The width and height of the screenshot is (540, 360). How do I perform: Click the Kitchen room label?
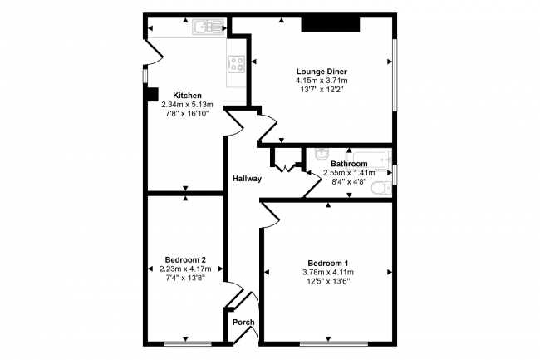click(186, 95)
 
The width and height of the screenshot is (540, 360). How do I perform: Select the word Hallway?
click(247, 179)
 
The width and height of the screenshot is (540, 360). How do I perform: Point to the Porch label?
click(243, 323)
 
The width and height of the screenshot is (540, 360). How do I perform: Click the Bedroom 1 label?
click(327, 263)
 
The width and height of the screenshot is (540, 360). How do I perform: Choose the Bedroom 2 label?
click(186, 259)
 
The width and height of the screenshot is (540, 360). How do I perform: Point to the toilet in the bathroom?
click(380, 189)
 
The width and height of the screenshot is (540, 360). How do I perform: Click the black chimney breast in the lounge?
click(330, 26)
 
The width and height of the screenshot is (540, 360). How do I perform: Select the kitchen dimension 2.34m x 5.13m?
click(186, 104)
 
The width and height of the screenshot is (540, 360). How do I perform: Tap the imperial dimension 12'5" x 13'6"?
click(327, 281)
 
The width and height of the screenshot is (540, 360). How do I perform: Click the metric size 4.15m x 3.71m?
click(321, 81)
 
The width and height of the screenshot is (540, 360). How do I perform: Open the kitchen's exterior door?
click(150, 52)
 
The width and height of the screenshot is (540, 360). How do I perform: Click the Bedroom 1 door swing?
click(271, 215)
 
